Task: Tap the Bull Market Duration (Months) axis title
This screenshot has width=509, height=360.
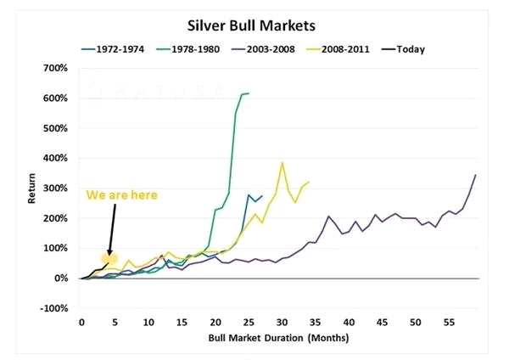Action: point(279,337)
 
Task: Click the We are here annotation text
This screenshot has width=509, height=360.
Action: point(121,194)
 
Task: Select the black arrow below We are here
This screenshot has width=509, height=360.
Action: point(111,229)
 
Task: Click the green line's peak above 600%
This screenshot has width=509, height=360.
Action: point(246,93)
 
